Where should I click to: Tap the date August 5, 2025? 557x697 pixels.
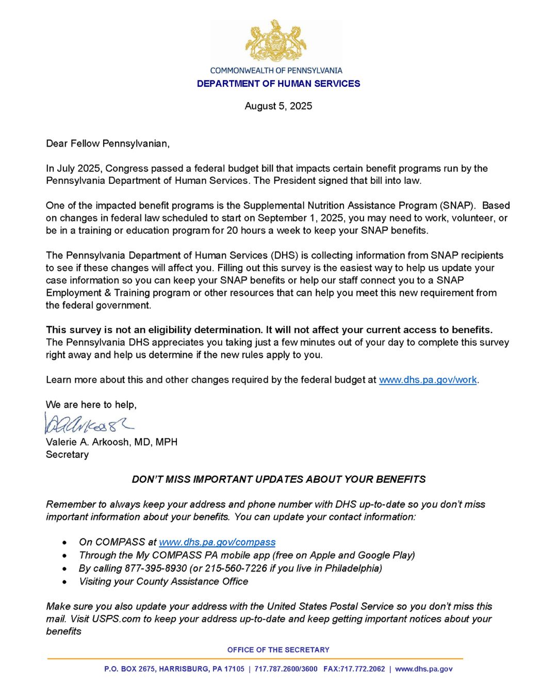tap(278, 106)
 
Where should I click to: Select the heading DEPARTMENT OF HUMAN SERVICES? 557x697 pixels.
tap(278, 84)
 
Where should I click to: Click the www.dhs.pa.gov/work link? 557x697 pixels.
tap(428, 380)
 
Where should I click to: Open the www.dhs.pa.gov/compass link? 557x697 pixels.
tap(217, 542)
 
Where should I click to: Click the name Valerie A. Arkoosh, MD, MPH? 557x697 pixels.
tap(111, 442)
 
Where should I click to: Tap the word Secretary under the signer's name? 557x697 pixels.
tap(67, 454)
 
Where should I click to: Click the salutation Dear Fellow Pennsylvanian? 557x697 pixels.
tap(107, 144)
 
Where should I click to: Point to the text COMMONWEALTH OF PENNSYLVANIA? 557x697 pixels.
tap(276, 70)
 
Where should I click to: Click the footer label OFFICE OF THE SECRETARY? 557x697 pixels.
tap(278, 650)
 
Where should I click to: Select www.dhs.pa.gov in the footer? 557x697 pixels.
tap(424, 669)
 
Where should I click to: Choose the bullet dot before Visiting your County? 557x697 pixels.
tap(64, 582)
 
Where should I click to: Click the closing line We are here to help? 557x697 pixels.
tap(91, 405)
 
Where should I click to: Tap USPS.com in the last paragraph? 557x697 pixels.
tap(116, 619)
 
